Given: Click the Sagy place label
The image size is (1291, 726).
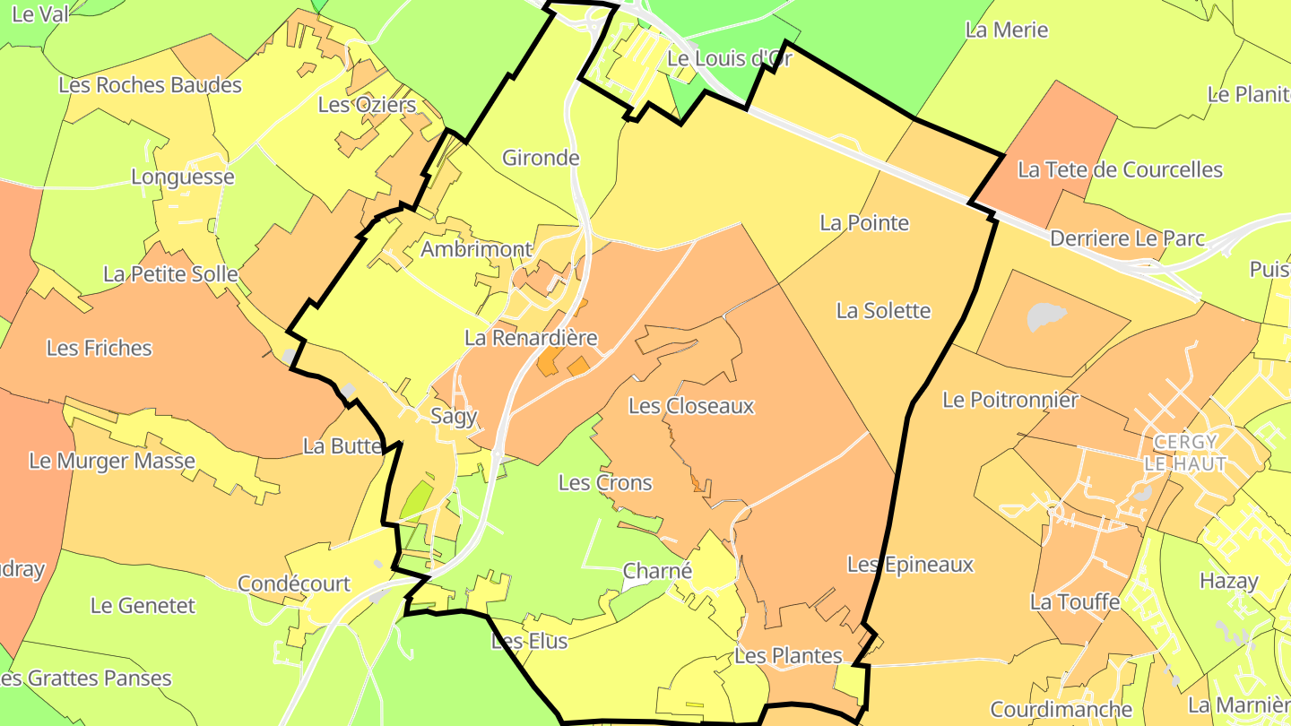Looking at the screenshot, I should (454, 416).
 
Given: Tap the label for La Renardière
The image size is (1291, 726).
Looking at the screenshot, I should (531, 338).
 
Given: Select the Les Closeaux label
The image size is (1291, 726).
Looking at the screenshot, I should (691, 406).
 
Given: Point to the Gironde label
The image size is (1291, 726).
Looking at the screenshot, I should (541, 158).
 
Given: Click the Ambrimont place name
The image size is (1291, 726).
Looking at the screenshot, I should (476, 249).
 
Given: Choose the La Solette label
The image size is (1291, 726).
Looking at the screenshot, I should (883, 311).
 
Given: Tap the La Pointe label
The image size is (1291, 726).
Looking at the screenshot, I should (864, 223).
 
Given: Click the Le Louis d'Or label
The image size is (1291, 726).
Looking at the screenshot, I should (730, 59).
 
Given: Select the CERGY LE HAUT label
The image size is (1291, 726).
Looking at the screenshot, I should (1185, 453).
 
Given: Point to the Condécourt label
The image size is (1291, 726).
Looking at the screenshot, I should (294, 583).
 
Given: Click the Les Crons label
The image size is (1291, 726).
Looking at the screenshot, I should (605, 482).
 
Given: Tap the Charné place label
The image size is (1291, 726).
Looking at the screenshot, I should (657, 571).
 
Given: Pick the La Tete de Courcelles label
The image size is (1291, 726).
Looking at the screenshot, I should (1120, 169).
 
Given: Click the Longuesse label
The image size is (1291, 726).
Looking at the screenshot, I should (183, 177).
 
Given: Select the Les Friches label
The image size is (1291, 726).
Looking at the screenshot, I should (99, 348).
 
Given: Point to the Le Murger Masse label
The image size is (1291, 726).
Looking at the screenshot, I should (112, 461).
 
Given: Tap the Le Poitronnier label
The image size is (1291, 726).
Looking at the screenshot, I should (1009, 400).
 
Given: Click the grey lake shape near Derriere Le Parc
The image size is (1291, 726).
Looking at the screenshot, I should (1047, 315).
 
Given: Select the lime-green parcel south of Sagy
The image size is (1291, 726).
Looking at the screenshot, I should (414, 499).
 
